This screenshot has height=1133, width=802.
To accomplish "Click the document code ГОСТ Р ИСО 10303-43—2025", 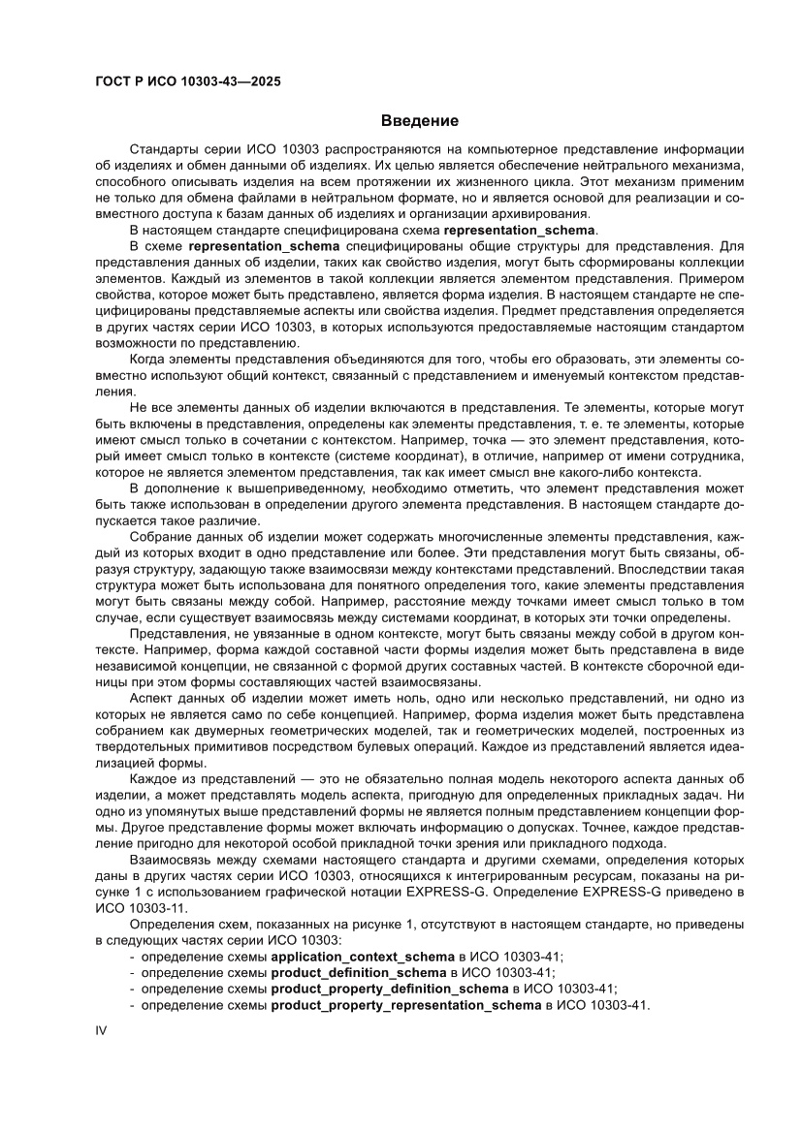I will coord(188,82).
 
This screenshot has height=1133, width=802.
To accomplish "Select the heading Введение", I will coord(419,121).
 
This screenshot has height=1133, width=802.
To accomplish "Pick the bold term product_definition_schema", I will coord(359,972).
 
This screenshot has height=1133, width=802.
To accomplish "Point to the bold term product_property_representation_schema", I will coord(405,1005).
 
